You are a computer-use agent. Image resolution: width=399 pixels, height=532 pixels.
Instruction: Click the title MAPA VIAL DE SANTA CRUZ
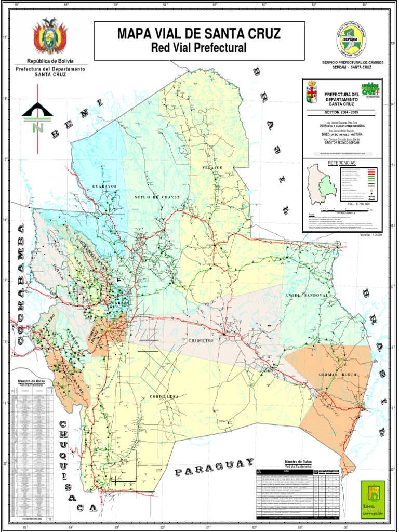(x=199, y=34)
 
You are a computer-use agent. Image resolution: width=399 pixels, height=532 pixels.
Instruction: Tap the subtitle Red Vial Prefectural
(x=198, y=48)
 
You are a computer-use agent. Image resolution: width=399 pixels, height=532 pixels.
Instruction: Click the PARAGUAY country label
(x=214, y=467)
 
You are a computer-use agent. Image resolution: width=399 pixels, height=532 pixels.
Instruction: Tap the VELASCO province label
(x=213, y=168)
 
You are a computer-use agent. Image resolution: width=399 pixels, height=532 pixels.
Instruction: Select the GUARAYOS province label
(x=104, y=186)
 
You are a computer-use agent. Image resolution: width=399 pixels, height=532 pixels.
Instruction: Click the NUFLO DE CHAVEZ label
(x=157, y=197)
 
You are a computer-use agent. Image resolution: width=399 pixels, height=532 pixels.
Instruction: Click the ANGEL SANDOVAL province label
(x=307, y=295)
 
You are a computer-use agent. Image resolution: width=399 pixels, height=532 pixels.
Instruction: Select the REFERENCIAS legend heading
(x=342, y=163)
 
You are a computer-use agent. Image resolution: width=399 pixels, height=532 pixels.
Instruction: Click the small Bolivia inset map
(x=320, y=184)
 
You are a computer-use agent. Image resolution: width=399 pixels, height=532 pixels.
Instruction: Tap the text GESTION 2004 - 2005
(x=342, y=112)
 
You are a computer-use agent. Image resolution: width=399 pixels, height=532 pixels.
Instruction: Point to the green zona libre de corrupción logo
(x=373, y=498)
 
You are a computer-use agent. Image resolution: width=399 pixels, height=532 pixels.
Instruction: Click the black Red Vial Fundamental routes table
(x=299, y=494)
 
